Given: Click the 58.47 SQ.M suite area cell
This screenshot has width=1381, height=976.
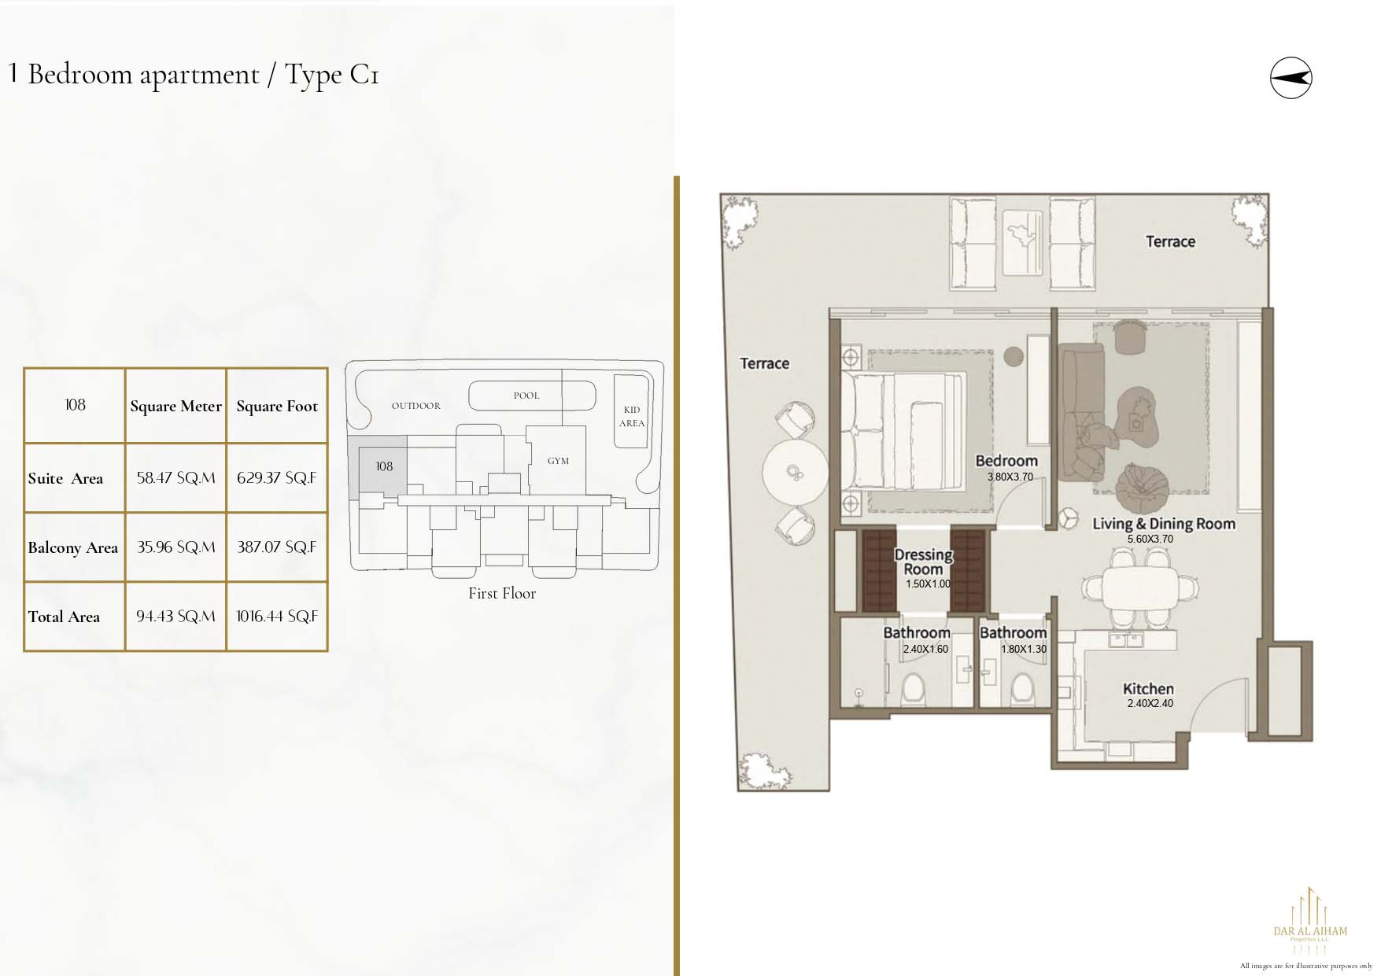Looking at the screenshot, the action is (175, 478).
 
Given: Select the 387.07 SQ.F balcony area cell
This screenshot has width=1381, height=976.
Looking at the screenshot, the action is (277, 547).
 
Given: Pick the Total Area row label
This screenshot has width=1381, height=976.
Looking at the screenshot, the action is (64, 617).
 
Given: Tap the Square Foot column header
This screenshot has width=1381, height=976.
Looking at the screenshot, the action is (277, 406).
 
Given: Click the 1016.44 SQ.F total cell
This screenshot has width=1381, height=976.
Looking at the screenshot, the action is (277, 617).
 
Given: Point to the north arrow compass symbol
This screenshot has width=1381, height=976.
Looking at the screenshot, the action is (1291, 78).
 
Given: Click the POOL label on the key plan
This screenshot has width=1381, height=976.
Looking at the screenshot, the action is (526, 396).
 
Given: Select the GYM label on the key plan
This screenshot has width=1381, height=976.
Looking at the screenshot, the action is (558, 461).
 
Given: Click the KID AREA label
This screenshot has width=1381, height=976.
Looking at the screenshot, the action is (632, 416).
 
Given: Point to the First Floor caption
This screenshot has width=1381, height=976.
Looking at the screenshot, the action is (502, 594).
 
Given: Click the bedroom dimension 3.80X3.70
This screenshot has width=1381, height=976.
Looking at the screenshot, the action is (1010, 477).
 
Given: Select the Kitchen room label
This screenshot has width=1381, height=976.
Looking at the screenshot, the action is (1148, 688).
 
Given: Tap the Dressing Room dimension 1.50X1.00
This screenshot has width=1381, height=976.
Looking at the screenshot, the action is (928, 584).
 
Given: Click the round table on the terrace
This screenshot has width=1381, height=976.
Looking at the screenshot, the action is (795, 472).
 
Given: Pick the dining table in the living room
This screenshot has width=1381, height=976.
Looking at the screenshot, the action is (1140, 586).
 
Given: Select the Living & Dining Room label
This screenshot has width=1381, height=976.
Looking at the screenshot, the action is (1164, 524).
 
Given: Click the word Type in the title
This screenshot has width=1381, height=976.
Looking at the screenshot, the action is (313, 75).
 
